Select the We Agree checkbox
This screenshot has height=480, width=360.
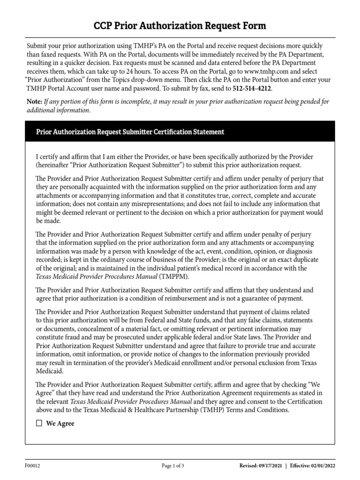39,423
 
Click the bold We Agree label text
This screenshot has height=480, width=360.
60,423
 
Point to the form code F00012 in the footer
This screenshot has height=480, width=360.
33,465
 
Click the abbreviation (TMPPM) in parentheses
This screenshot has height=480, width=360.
175,277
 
